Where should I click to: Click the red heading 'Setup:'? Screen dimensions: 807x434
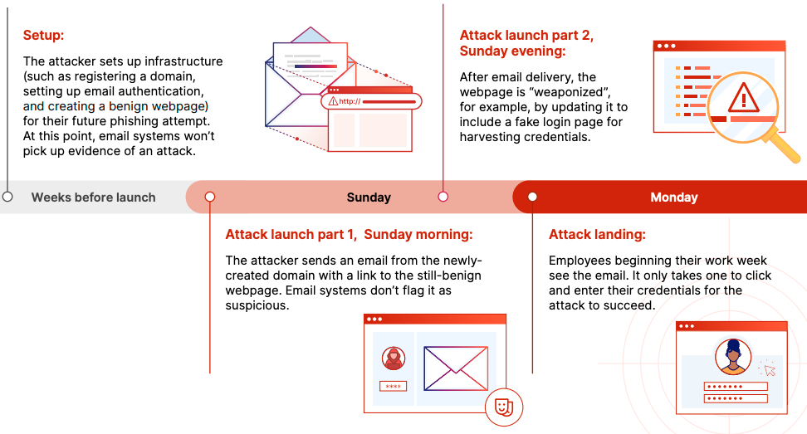click(x=43, y=36)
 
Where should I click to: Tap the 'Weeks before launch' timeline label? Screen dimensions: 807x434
click(x=93, y=197)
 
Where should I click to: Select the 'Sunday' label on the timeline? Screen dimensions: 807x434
click(x=369, y=197)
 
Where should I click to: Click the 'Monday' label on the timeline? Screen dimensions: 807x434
click(x=673, y=197)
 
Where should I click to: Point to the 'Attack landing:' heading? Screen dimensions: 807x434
click(x=597, y=235)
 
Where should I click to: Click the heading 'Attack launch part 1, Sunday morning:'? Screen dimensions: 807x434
click(x=349, y=235)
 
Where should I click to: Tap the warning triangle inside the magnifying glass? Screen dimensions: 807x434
click(x=743, y=98)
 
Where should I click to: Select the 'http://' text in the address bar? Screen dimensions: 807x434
click(x=350, y=101)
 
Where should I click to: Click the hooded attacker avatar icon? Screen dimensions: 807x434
click(x=394, y=358)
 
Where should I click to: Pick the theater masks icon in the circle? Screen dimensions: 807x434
click(x=504, y=407)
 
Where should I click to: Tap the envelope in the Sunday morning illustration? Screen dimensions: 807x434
click(x=456, y=368)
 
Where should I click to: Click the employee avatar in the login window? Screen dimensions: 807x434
click(x=733, y=356)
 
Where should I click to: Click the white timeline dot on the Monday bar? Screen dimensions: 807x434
click(x=532, y=197)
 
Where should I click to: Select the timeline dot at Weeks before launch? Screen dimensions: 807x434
click(x=7, y=197)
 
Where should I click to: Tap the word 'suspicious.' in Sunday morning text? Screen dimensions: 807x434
click(x=257, y=305)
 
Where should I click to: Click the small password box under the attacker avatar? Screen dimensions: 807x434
click(x=394, y=386)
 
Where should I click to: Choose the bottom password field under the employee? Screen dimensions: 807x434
click(x=736, y=398)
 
